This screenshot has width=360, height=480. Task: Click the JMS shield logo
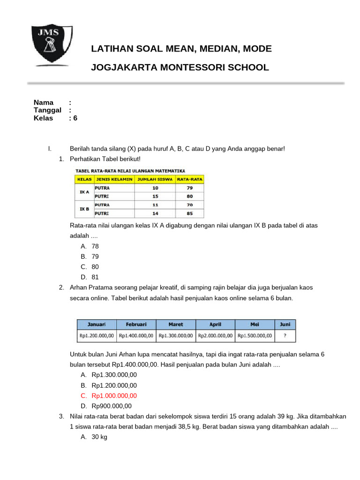52,45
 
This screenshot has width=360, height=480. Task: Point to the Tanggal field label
47,110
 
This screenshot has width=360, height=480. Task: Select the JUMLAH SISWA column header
155,179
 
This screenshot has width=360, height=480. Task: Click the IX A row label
84,192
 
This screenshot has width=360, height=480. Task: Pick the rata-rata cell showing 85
189,213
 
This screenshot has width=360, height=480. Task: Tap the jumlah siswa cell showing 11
155,205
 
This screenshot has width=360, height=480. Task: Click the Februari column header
136,324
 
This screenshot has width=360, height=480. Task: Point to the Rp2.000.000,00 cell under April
215,336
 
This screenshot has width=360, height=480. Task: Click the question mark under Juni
285,336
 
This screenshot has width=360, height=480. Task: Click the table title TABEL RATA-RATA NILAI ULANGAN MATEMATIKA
130,171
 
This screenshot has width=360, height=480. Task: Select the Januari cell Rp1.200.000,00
97,336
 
